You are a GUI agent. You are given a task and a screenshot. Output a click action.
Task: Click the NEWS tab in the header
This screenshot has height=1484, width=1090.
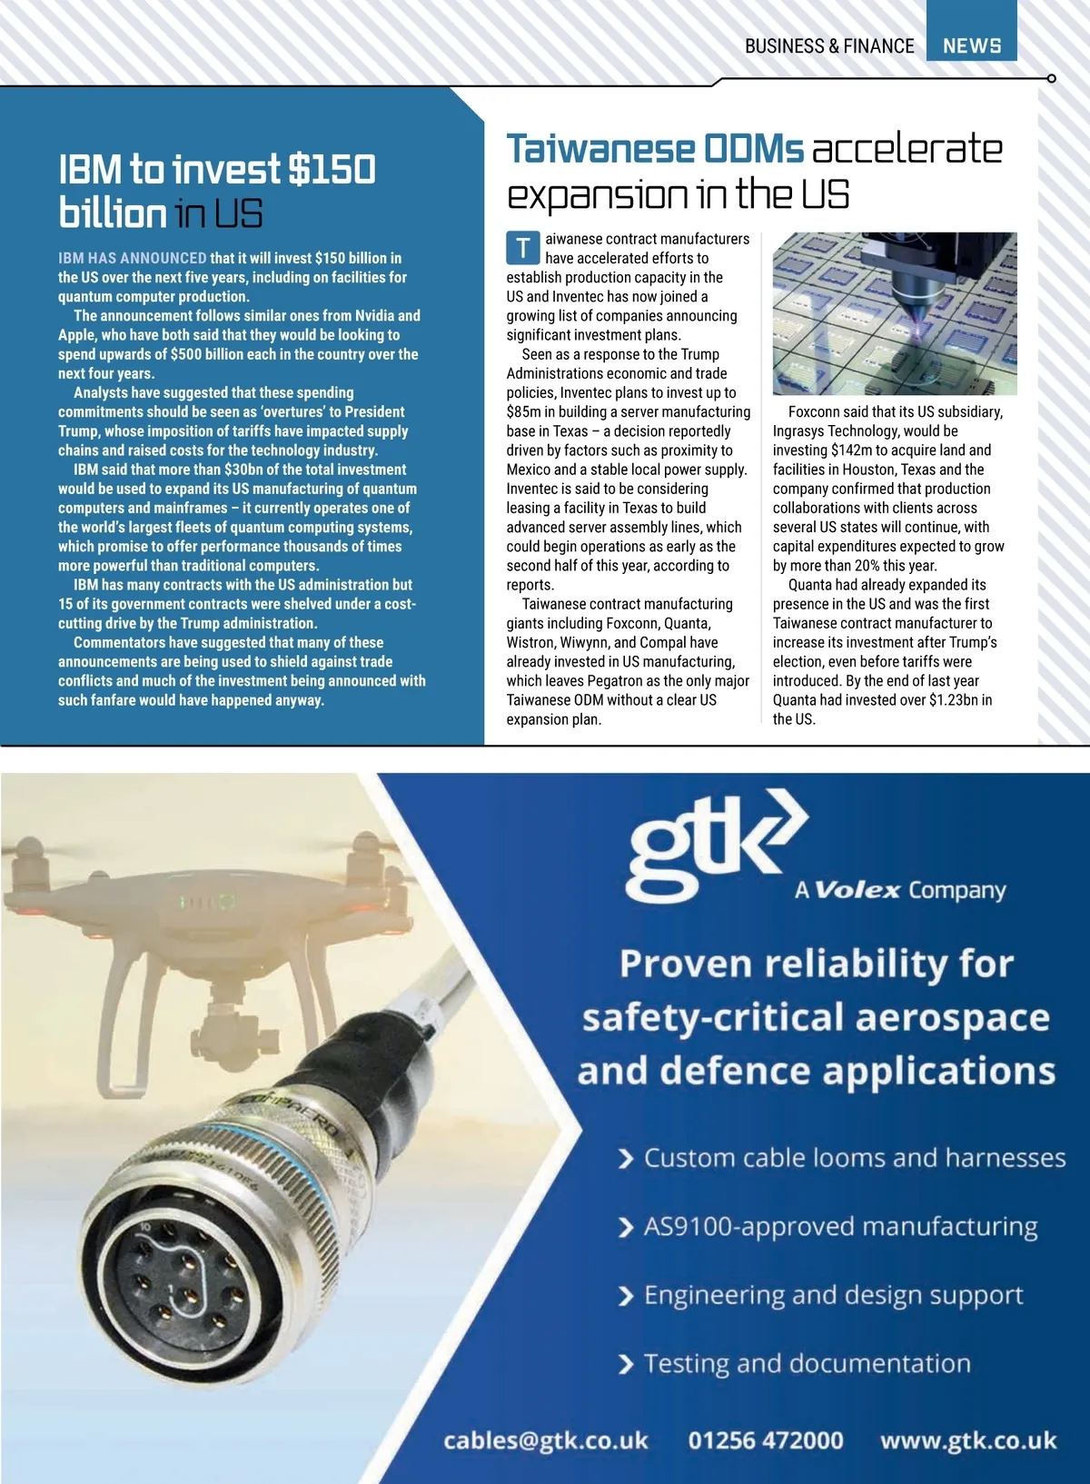tap(971, 45)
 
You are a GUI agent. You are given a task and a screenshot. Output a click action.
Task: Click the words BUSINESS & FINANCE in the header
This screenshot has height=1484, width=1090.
tap(828, 46)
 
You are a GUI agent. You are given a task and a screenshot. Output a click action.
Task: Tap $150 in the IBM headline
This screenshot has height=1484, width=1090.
tap(332, 170)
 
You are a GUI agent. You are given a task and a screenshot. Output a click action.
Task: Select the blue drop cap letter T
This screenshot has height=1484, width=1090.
tap(523, 248)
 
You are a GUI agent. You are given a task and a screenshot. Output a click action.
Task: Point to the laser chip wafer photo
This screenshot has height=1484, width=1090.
tap(894, 313)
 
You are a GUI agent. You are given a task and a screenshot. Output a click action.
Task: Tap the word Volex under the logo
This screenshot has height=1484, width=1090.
tap(857, 890)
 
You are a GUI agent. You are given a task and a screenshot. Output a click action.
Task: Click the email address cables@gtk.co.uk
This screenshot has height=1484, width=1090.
tap(545, 1440)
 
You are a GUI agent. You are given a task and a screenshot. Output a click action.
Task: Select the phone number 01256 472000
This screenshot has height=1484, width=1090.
tap(765, 1440)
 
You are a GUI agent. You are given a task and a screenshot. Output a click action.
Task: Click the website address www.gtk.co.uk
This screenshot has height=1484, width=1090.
tap(968, 1440)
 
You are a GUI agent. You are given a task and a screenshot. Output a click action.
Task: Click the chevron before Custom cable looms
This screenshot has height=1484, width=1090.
tap(625, 1159)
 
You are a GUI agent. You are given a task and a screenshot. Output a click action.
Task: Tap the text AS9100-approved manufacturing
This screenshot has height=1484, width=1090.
tap(840, 1227)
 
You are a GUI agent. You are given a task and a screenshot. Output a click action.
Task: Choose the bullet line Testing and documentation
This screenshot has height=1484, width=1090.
tap(807, 1364)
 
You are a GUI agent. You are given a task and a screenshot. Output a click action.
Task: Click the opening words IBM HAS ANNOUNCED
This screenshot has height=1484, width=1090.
tap(133, 258)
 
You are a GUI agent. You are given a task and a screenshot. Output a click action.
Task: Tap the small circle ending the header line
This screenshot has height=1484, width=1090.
tap(1051, 79)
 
